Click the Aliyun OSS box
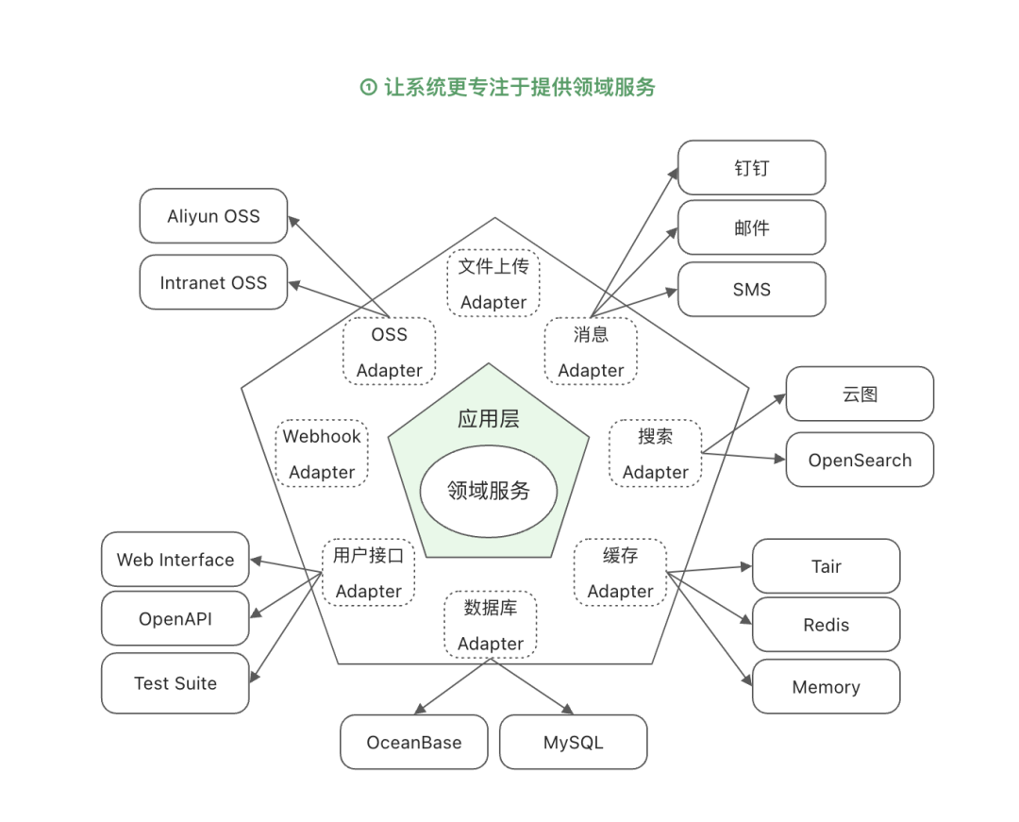point(213,216)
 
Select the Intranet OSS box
point(213,282)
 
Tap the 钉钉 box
point(751,168)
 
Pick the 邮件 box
point(751,227)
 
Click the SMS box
point(751,290)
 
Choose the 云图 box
point(860,394)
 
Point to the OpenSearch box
point(860,461)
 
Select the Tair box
point(826,566)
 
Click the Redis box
point(826,625)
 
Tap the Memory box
point(826,687)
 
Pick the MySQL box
point(573,742)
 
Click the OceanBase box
point(414,742)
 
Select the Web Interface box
point(175,560)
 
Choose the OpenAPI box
point(175,619)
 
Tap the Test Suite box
point(175,683)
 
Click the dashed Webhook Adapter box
point(322,454)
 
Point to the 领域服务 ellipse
point(489,491)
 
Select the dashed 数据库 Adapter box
point(491,625)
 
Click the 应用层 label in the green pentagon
point(489,419)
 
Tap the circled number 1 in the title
point(368,88)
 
